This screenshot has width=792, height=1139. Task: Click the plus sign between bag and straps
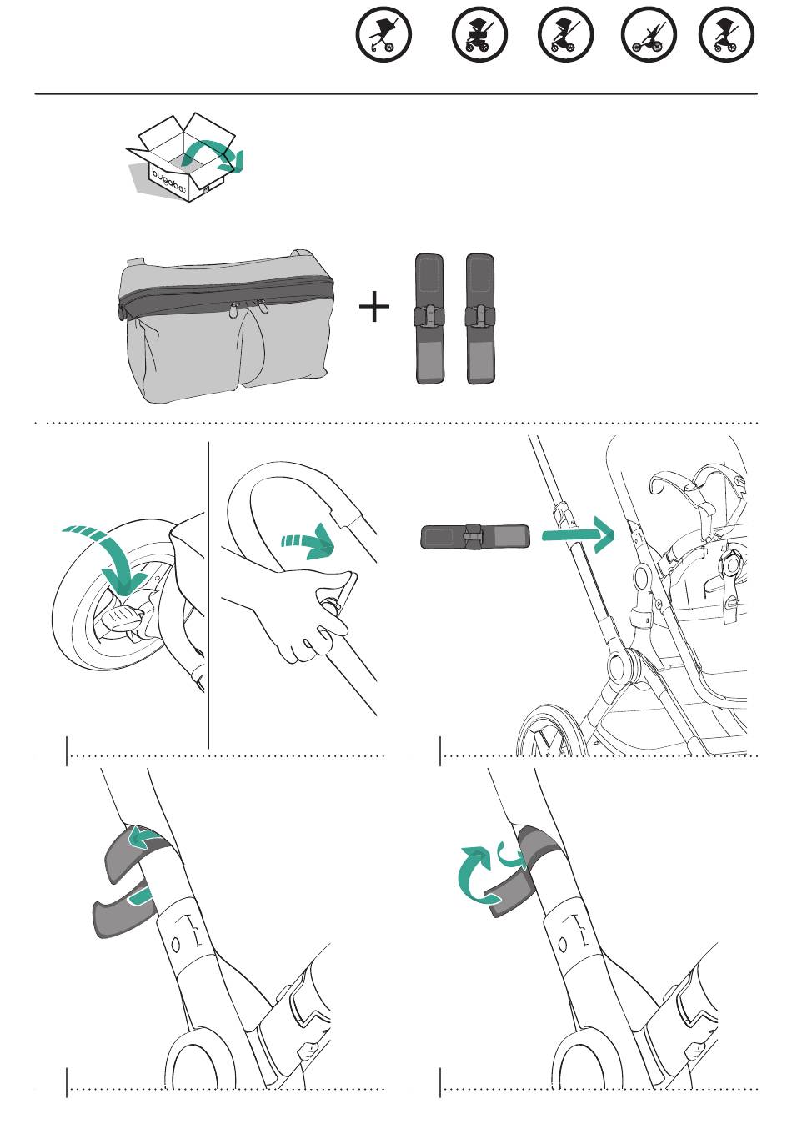374,306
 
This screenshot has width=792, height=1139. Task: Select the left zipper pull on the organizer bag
235,309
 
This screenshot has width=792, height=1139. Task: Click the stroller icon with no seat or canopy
649,34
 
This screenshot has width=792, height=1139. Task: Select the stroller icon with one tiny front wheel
383,34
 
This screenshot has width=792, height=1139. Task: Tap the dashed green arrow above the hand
308,541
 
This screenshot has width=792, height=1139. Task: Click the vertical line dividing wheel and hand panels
209,595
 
